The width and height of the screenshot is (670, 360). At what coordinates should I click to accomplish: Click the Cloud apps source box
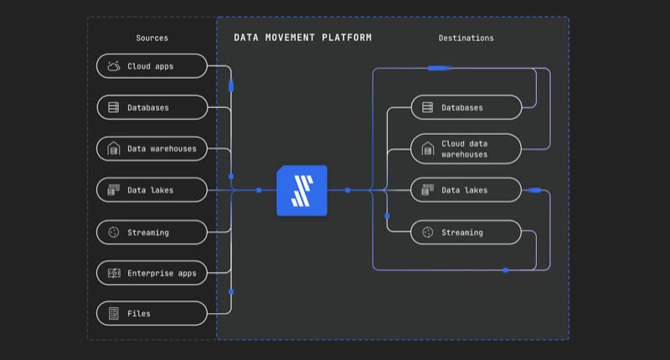point(152,66)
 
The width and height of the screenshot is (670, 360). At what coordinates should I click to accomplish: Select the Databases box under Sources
point(152,108)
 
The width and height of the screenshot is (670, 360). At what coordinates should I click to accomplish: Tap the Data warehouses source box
point(152,149)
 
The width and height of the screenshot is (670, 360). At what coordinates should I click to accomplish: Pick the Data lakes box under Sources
point(152,190)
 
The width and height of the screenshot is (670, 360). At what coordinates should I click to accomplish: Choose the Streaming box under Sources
point(152,232)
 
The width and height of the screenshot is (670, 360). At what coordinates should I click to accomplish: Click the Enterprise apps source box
point(152,273)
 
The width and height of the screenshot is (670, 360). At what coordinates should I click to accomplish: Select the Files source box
point(152,313)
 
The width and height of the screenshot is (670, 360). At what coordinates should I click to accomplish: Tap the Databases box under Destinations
point(466,108)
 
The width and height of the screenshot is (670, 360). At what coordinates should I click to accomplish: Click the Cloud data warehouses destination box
point(466,149)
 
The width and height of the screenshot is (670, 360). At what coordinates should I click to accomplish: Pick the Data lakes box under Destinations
point(466,190)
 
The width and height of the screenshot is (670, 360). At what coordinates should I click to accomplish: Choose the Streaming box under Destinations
point(466,232)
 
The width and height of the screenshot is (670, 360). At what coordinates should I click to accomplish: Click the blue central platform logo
point(302,190)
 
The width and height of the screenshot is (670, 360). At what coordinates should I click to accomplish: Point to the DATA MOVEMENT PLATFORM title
point(302,38)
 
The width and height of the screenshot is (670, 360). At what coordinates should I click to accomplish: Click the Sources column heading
point(152,38)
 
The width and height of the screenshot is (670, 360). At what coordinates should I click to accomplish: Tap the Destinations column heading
point(466,38)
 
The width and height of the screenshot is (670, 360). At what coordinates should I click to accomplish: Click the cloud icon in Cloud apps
point(114,66)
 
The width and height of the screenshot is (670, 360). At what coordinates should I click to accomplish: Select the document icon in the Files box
point(114,313)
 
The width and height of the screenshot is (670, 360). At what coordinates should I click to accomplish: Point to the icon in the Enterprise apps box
point(114,273)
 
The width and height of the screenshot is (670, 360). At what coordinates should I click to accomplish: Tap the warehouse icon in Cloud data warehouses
point(428,149)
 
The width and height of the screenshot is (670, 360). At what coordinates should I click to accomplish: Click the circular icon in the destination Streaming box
point(428,232)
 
